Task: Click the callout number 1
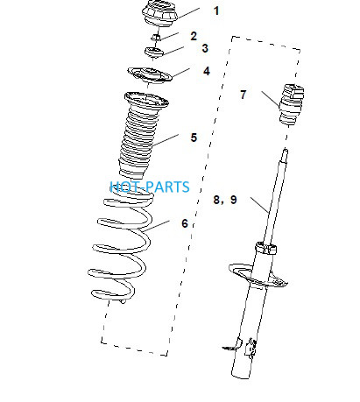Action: (216, 11)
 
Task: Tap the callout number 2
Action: (194, 36)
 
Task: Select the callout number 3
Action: (205, 48)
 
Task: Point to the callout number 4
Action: (207, 71)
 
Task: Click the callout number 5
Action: (194, 138)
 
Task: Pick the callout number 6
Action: (185, 223)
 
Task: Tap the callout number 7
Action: (244, 95)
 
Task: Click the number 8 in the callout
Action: (216, 200)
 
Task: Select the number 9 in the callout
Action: (234, 200)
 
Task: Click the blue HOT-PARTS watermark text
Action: (150, 187)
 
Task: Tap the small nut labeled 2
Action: (157, 37)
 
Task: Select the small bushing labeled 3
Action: (154, 53)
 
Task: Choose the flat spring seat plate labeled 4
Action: (150, 75)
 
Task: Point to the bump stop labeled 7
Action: (292, 104)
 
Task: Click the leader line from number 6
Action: (156, 226)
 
